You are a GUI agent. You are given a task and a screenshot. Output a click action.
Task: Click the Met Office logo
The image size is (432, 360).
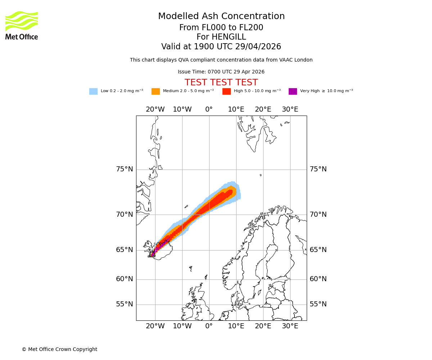[22, 25]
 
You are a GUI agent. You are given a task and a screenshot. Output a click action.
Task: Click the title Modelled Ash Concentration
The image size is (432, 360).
[221, 17]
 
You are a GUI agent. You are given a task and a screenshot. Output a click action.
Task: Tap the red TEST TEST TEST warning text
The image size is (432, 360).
[221, 83]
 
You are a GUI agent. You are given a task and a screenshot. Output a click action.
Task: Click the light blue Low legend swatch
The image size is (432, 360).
[93, 91]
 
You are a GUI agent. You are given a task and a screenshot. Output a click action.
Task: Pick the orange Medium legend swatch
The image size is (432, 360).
[156, 91]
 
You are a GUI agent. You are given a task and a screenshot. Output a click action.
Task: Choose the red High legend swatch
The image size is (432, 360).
[226, 91]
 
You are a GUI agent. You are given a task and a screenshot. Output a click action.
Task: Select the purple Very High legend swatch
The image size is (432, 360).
[293, 91]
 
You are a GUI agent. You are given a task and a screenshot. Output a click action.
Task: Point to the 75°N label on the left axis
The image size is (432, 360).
[124, 169]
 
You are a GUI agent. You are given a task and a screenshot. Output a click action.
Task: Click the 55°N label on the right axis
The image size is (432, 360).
[318, 304]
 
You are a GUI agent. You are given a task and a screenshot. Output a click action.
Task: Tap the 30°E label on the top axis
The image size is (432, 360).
[290, 109]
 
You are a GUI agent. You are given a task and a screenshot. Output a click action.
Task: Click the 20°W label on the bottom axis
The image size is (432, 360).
[155, 326]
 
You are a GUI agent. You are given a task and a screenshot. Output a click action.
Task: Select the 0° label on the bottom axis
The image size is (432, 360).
[209, 326]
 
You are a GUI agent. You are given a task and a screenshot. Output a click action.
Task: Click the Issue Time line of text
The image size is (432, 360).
[221, 72]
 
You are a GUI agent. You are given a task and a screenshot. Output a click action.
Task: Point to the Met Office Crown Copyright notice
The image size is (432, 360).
[59, 350]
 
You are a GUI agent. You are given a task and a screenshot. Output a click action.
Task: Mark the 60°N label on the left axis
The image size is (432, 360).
[124, 279]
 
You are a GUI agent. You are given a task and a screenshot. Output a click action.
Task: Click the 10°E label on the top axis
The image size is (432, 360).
[236, 109]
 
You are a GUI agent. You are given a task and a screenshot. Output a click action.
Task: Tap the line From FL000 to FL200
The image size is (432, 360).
[221, 28]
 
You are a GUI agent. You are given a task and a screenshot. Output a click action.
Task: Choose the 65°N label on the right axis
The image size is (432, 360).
[318, 250]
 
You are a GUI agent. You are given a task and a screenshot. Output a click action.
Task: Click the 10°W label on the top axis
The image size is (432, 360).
[182, 109]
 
